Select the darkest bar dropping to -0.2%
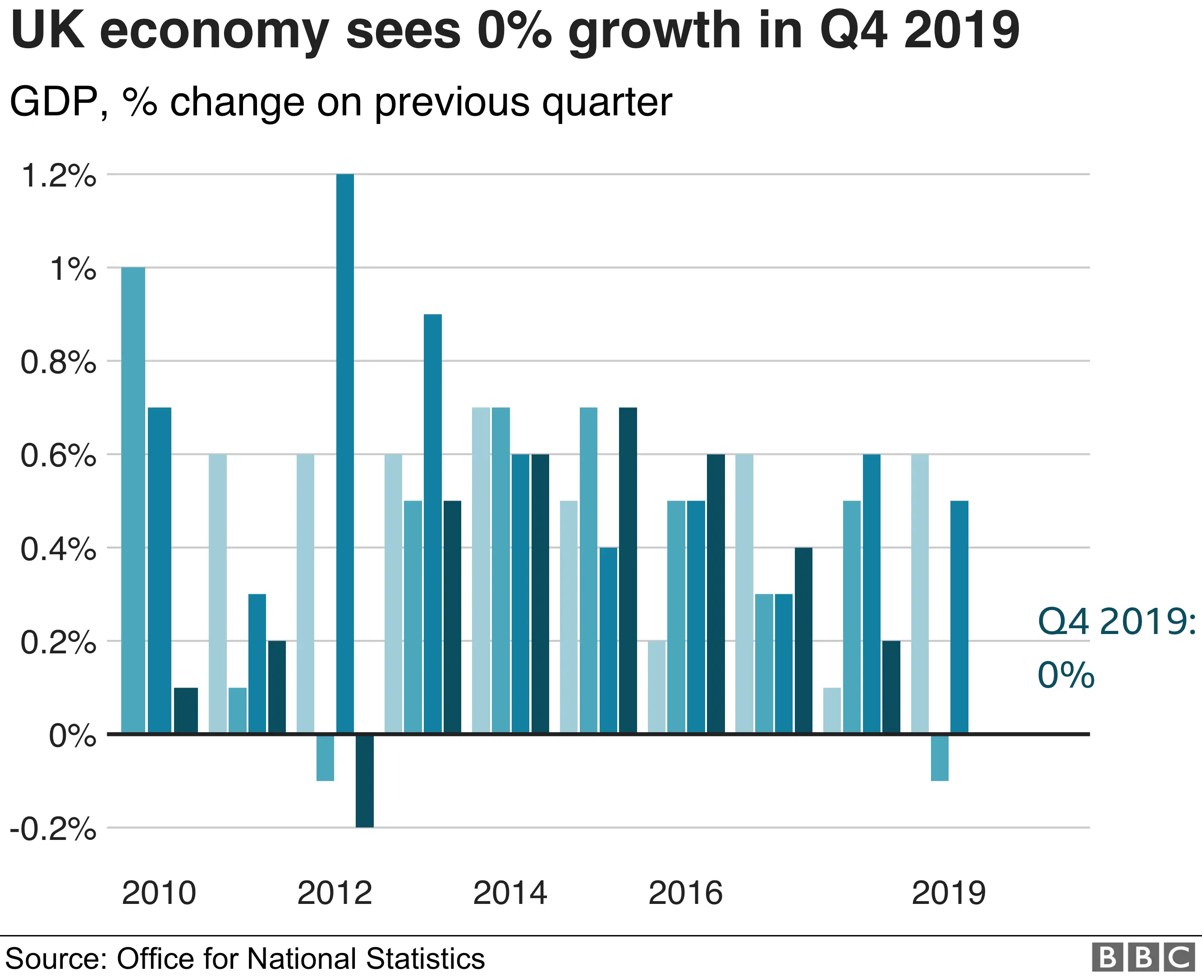tap(364, 780)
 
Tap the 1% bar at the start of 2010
tap(133, 500)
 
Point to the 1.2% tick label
tap(59, 176)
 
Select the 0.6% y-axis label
tap(59, 456)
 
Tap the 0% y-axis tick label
tap(73, 736)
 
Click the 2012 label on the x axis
tap(335, 893)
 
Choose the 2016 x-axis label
tap(685, 893)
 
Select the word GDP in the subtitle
tap(55, 102)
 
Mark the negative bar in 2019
tap(939, 757)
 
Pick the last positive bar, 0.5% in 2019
tap(959, 617)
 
